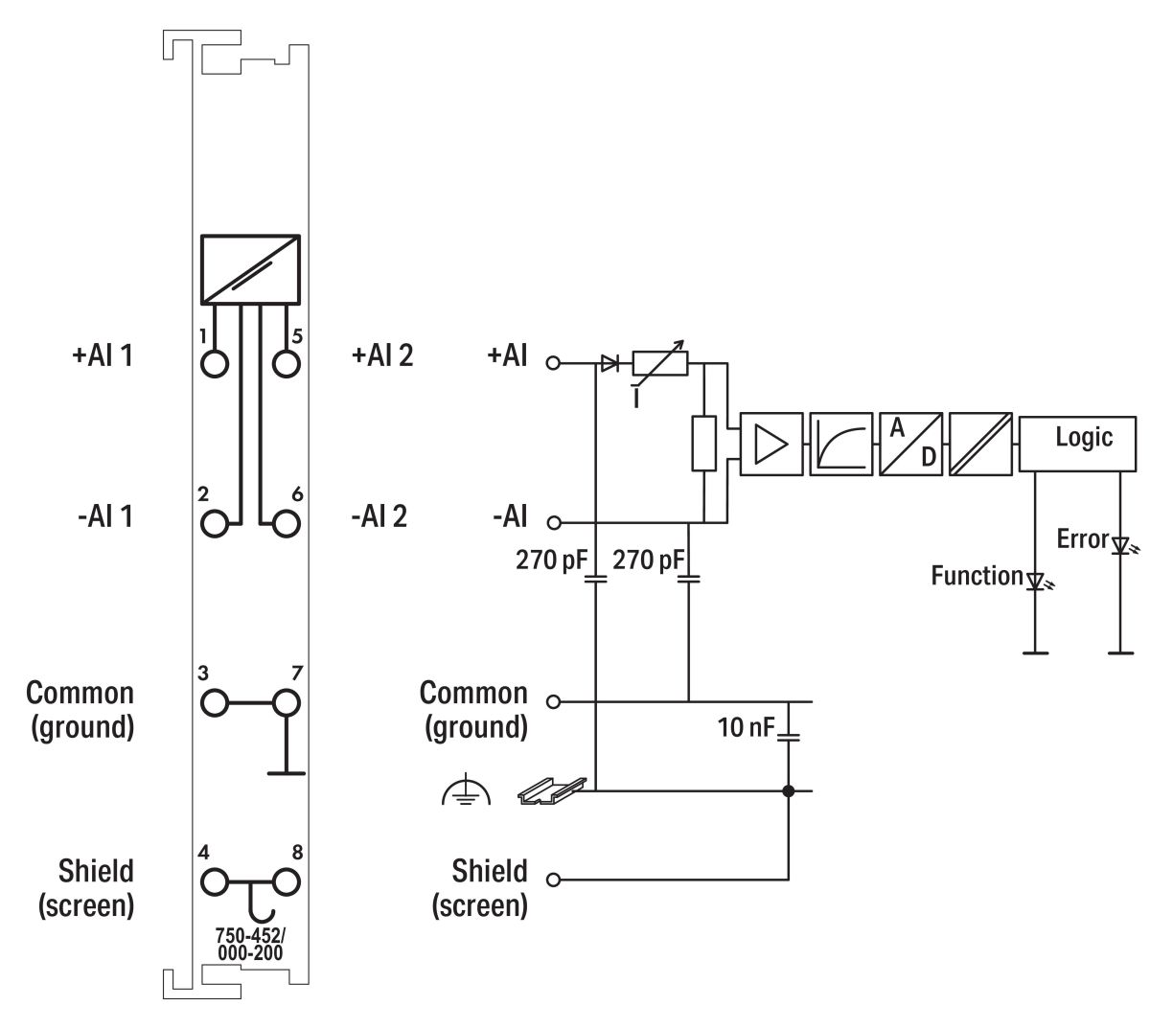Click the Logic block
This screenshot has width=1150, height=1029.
tap(1083, 443)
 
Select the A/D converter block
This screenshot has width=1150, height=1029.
tap(910, 443)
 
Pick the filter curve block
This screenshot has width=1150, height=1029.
tap(840, 443)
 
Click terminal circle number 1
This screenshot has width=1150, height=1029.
tap(217, 364)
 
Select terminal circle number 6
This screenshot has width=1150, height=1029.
tap(286, 523)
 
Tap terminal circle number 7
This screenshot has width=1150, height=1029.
tap(286, 702)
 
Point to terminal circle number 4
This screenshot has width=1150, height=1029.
tap(216, 880)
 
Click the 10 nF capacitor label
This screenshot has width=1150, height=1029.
tap(746, 727)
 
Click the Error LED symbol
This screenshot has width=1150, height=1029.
tap(1119, 545)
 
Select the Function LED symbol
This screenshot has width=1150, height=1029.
tap(1035, 581)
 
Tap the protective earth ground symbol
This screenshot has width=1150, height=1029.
tap(466, 791)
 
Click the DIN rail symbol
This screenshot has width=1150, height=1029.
tap(541, 790)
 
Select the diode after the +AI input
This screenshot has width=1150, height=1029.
tap(609, 363)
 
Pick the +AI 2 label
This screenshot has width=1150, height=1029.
tap(382, 355)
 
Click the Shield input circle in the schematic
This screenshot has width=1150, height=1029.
tap(552, 879)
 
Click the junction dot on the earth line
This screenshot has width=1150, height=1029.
tap(789, 791)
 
